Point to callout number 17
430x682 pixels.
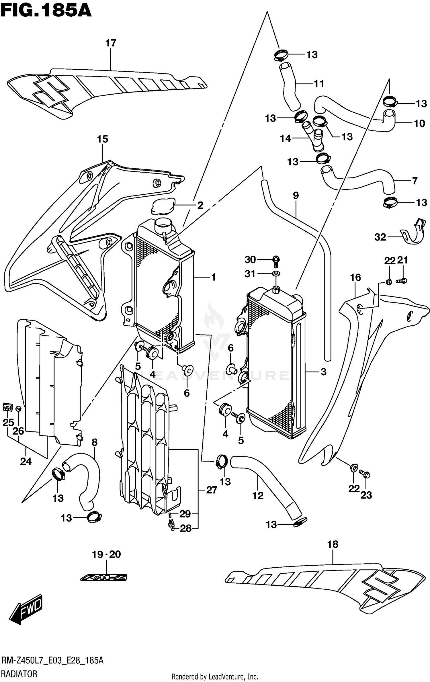111,43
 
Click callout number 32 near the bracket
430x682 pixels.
380,237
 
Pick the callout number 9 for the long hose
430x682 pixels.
296,196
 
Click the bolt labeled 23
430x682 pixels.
365,474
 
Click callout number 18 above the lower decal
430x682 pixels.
333,544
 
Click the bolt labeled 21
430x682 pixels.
402,281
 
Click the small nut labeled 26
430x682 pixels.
18,409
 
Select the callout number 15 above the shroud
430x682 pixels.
102,139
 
